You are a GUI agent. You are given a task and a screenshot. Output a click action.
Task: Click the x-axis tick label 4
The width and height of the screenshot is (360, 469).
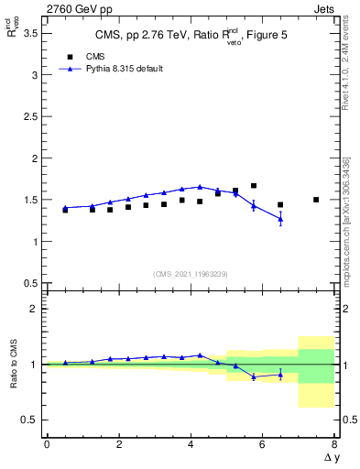[x=191, y=444]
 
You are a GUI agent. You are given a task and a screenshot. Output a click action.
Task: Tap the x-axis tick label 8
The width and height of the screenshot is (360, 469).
[x=334, y=444]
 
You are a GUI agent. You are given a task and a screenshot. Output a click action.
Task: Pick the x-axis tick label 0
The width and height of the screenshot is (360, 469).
[x=47, y=444]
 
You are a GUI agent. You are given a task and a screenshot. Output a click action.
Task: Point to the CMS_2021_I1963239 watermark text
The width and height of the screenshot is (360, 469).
[x=191, y=274]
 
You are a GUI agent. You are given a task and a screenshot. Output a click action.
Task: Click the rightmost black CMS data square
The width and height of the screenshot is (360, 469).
[x=316, y=200]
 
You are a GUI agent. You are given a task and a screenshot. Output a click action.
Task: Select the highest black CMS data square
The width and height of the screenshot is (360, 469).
[x=254, y=186]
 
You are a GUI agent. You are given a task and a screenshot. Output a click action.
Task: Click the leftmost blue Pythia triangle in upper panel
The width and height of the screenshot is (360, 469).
[x=65, y=208]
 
